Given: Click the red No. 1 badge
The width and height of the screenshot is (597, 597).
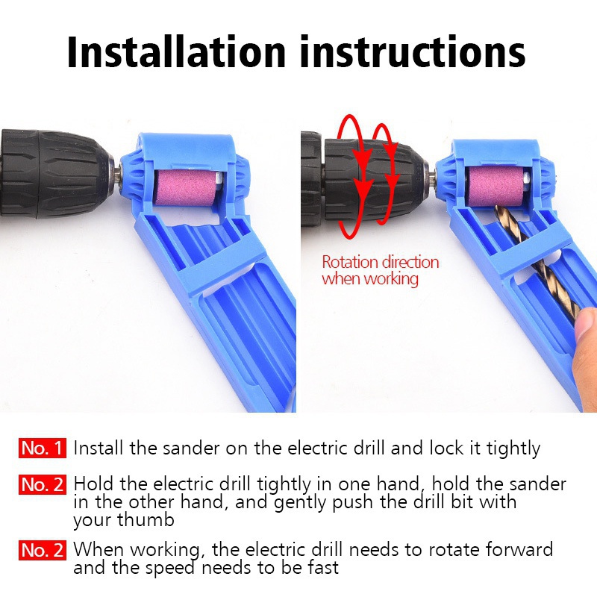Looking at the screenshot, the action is tap(43, 448).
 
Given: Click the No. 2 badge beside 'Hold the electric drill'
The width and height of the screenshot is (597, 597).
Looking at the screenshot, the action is tap(43, 484).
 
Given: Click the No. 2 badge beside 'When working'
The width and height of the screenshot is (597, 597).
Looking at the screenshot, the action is tap(43, 551).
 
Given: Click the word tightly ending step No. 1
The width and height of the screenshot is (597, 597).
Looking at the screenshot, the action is tap(513, 448).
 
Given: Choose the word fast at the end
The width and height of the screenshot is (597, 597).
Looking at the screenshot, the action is tap(322, 568).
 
